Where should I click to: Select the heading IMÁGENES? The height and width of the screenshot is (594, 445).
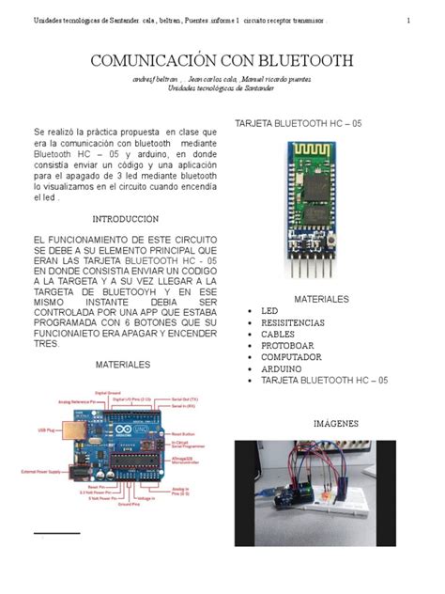click(x=336, y=424)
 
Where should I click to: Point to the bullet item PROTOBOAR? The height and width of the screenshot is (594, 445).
click(x=288, y=346)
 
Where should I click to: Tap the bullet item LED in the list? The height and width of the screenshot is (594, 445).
click(x=270, y=310)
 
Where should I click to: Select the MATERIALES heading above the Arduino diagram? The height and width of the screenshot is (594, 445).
click(x=123, y=363)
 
